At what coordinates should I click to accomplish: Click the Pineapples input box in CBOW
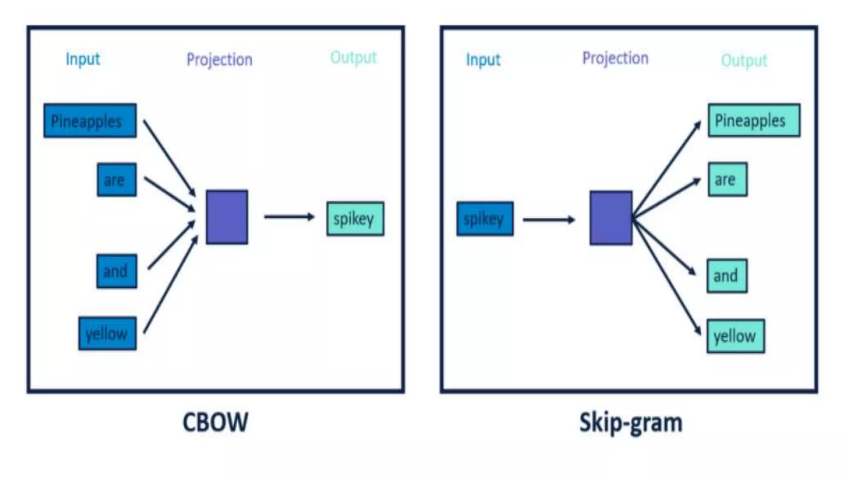pos(90,121)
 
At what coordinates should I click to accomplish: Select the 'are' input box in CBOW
pos(116,180)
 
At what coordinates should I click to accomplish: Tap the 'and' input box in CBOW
pos(116,271)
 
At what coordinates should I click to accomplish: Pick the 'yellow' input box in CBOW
pos(107,334)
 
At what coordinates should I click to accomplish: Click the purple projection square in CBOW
pos(227,217)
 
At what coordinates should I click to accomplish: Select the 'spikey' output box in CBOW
pos(355,219)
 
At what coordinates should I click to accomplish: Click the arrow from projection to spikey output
pos(289,217)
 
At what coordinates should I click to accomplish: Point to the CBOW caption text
pos(215,422)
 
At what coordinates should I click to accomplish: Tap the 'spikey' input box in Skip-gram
pos(485,219)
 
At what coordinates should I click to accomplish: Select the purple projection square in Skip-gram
pos(611,218)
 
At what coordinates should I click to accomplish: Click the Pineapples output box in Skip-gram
pos(754,120)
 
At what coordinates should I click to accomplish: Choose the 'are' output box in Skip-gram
pos(728,179)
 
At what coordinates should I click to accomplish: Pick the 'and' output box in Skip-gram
pos(727,276)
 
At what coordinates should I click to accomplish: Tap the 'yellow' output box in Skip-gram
pos(735,336)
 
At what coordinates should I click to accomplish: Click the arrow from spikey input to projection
pos(549,219)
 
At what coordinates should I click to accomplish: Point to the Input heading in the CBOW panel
pos(83,59)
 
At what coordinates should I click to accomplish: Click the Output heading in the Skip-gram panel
pos(744,60)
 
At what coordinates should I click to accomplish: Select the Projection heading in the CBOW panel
pos(219,60)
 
